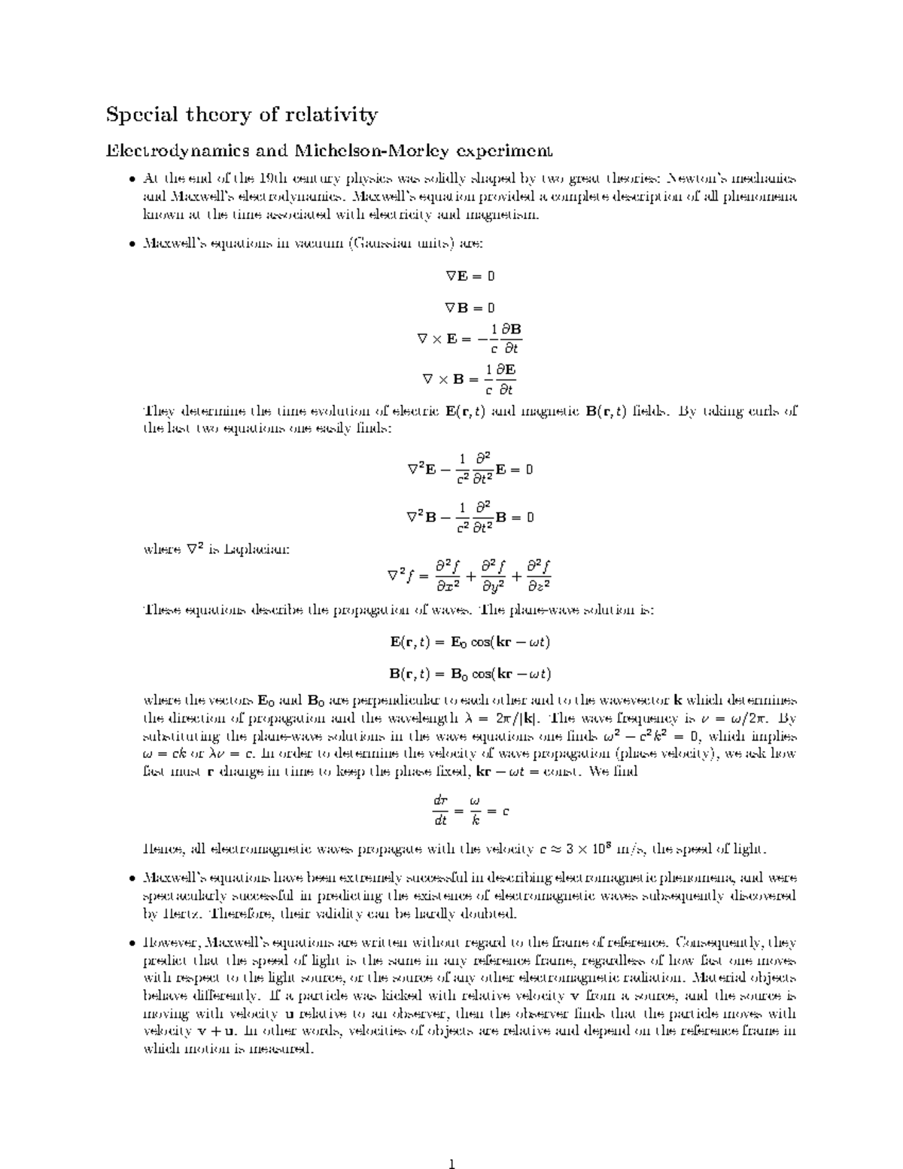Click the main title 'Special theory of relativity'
point(242,114)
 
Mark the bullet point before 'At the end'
point(132,179)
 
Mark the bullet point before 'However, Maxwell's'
point(132,942)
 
